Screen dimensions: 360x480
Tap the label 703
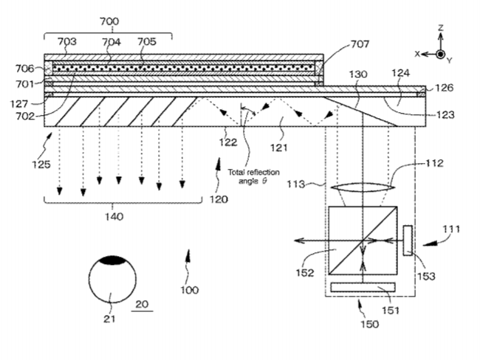click(66, 42)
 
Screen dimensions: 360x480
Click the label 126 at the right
click(444, 88)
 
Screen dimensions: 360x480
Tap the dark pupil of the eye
click(112, 260)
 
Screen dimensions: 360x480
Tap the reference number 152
click(305, 272)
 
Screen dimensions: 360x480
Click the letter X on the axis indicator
click(417, 54)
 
